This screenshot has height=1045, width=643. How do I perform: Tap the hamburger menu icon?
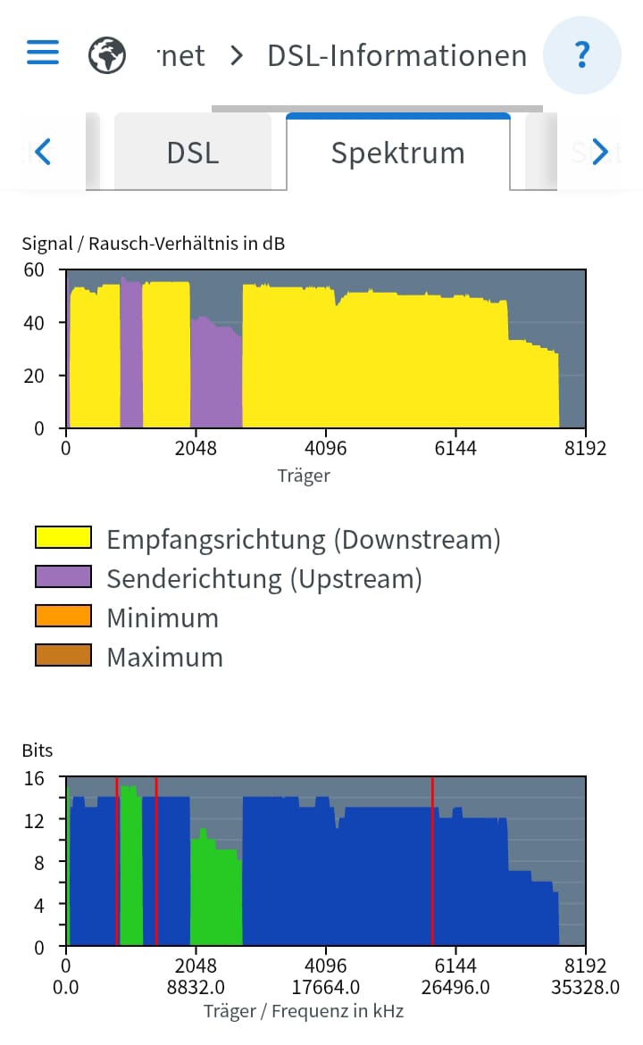(x=43, y=53)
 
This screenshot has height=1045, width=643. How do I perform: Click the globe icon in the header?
(x=107, y=55)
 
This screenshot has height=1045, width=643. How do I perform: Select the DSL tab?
(x=192, y=153)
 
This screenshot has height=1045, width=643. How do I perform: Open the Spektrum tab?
(x=397, y=153)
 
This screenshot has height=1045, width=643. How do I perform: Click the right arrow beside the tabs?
(x=600, y=153)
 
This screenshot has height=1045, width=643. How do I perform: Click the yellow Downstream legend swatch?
(x=63, y=537)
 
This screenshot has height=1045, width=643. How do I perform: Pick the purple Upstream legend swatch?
(x=63, y=577)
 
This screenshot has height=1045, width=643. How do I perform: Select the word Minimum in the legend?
(x=163, y=618)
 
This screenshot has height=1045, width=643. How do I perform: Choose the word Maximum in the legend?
(x=164, y=658)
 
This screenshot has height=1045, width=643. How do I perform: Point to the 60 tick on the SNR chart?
(x=33, y=270)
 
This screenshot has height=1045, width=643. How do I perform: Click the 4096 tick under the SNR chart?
(x=326, y=448)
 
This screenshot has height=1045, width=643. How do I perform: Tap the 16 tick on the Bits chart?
(x=33, y=777)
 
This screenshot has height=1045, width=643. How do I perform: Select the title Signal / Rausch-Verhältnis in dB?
(x=154, y=243)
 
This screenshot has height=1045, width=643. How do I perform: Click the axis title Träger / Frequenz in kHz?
(x=304, y=1011)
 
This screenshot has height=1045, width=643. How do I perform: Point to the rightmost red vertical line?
(x=432, y=861)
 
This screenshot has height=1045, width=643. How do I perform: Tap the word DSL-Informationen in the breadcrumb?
(x=397, y=55)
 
